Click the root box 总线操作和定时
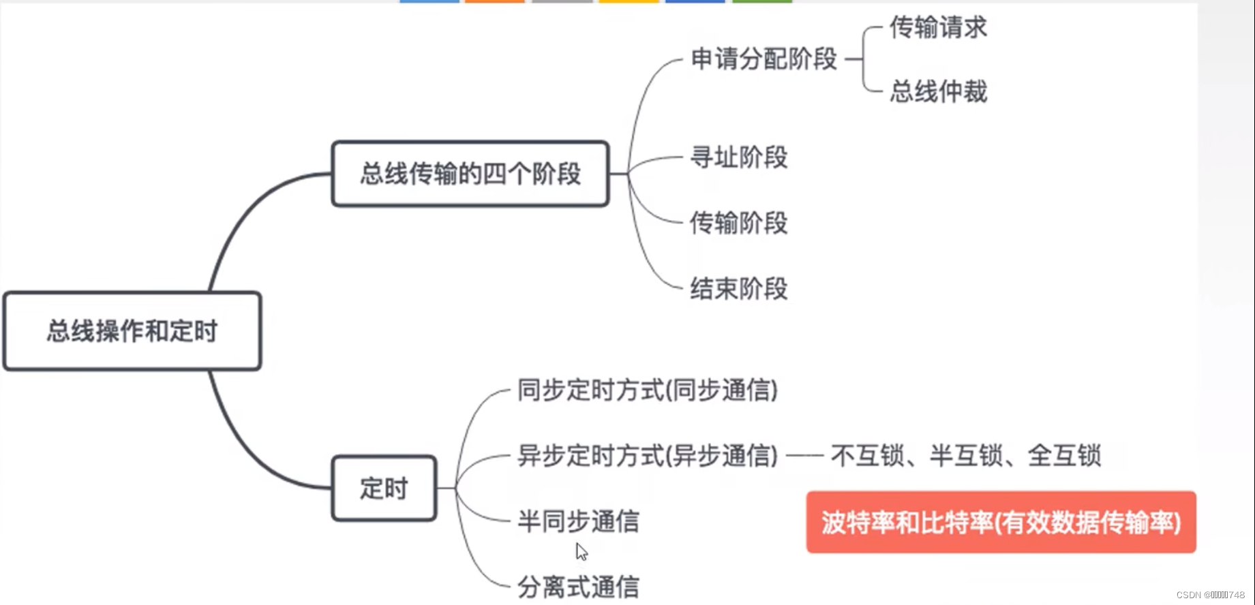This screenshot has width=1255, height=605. click(132, 331)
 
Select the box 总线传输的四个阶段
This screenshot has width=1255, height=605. click(470, 174)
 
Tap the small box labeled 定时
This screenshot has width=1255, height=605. click(384, 488)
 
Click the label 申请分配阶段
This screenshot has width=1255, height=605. click(763, 59)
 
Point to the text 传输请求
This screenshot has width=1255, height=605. click(938, 28)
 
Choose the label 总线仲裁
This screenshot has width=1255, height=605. click(938, 91)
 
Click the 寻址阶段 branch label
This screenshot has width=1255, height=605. click(739, 157)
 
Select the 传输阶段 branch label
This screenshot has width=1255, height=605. click(739, 223)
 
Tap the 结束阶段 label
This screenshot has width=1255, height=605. click(739, 289)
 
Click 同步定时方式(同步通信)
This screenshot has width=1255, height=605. click(647, 390)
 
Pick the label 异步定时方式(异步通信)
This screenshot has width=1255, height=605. click(647, 456)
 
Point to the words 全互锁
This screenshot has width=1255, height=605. click(1064, 456)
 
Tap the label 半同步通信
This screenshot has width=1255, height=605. click(578, 521)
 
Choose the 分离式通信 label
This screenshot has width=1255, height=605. click(578, 587)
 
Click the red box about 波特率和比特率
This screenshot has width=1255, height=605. click(1001, 523)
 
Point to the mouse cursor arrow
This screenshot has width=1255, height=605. click(581, 551)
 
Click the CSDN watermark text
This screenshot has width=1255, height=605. click(1210, 595)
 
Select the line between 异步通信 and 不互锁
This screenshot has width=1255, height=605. click(804, 456)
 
